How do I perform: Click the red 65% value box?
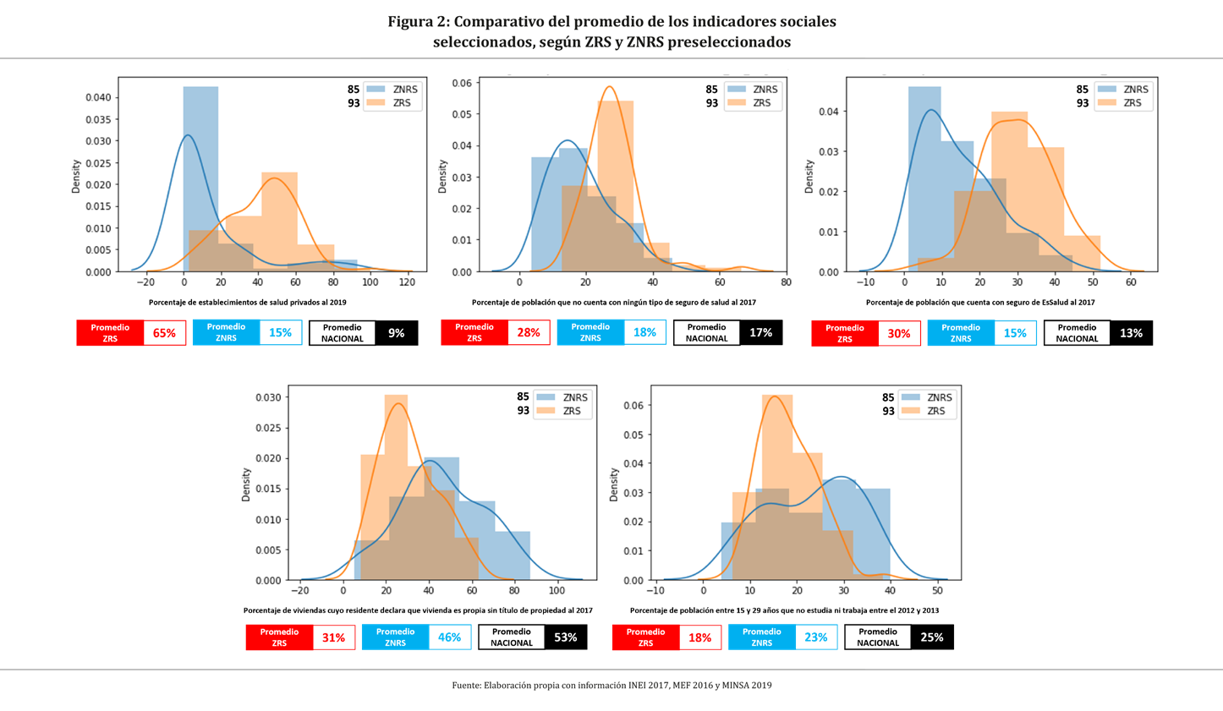click(x=164, y=333)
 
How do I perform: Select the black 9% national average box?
click(x=396, y=333)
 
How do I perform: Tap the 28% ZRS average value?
click(x=529, y=332)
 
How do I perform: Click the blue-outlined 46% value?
click(x=449, y=637)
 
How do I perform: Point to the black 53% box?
click(x=565, y=637)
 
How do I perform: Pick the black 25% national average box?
click(x=931, y=637)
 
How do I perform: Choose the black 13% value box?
click(x=1131, y=333)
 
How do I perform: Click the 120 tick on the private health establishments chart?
click(x=407, y=282)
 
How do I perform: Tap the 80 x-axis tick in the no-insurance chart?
click(x=786, y=282)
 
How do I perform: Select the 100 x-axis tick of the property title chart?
click(x=557, y=591)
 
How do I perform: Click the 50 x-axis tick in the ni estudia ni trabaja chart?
click(x=937, y=591)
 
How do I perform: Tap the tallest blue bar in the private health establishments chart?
click(x=200, y=178)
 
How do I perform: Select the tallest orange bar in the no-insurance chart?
click(x=615, y=186)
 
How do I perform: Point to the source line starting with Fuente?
click(x=611, y=686)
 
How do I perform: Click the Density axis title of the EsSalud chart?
click(x=809, y=177)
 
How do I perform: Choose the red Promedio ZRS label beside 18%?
click(x=645, y=637)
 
